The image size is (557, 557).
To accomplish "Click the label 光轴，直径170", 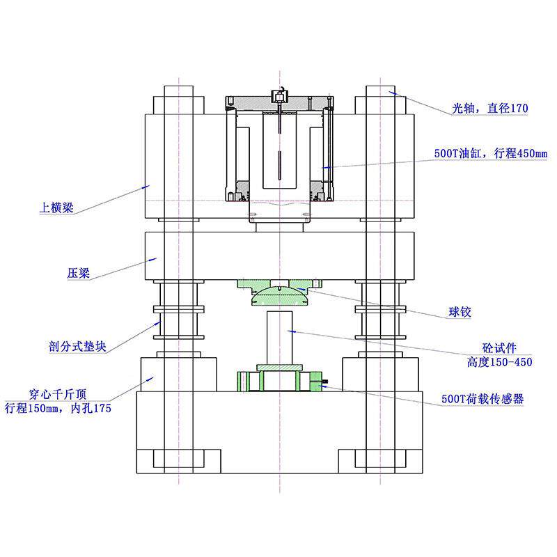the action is click(490, 108).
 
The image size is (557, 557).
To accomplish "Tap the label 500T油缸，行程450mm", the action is click(491, 153).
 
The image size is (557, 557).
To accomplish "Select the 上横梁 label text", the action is click(56, 207).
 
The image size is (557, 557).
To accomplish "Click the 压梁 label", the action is click(79, 273).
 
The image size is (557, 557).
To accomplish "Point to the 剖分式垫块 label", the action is click(77, 346).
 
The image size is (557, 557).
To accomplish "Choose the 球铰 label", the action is click(460, 312).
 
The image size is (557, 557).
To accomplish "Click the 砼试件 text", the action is click(499, 347).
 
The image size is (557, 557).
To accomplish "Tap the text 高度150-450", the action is click(499, 362).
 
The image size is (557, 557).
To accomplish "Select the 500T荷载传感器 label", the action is click(483, 399).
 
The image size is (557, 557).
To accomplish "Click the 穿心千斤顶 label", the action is click(58, 394).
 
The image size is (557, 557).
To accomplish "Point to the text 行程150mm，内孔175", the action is click(58, 409).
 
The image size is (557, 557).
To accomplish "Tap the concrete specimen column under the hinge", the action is click(280, 338).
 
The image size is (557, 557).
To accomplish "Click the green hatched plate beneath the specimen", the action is click(280, 368).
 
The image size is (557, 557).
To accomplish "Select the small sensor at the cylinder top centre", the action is click(280, 96).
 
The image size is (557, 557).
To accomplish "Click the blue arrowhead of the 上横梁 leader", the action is click(146, 187).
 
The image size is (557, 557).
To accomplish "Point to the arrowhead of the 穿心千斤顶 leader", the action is click(150, 379).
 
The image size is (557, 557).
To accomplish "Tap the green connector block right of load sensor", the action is click(316, 382).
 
